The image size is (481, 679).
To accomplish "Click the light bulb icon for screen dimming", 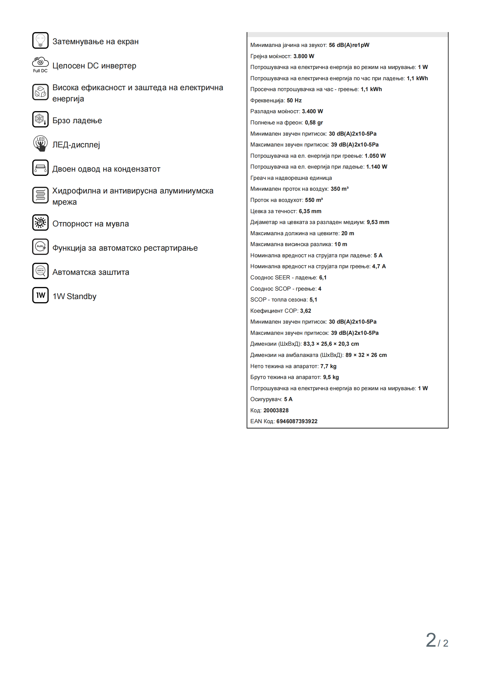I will pyautogui.click(x=40, y=41).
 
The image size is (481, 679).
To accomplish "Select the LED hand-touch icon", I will pyautogui.click(x=40, y=143).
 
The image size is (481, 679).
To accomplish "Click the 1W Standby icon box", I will pyautogui.click(x=40, y=295).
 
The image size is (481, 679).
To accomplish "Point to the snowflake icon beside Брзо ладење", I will pyautogui.click(x=40, y=119).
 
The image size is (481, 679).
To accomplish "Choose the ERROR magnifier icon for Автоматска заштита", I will pyautogui.click(x=40, y=271).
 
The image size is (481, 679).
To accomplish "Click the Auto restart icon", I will pyautogui.click(x=40, y=247).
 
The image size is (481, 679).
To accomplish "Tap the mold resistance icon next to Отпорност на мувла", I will pyautogui.click(x=40, y=222).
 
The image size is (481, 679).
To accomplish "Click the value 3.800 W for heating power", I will pyautogui.click(x=304, y=56).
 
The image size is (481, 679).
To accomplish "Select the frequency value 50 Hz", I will pyautogui.click(x=294, y=101).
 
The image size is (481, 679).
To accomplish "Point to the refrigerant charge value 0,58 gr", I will pyautogui.click(x=314, y=123).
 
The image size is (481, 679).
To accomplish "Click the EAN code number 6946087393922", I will pyautogui.click(x=297, y=421).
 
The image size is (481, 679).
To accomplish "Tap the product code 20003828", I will pyautogui.click(x=276, y=410).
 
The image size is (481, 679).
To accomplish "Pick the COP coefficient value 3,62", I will pyautogui.click(x=306, y=311).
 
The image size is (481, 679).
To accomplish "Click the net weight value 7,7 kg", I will pyautogui.click(x=328, y=366).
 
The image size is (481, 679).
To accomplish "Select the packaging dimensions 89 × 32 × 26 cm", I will pyautogui.click(x=366, y=355).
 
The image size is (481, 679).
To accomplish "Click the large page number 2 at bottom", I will pyautogui.click(x=431, y=640).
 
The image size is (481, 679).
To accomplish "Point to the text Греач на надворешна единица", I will pyautogui.click(x=291, y=178).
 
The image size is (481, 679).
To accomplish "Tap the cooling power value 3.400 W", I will pyautogui.click(x=312, y=111).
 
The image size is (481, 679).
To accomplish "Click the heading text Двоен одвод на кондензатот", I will pyautogui.click(x=106, y=169).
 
